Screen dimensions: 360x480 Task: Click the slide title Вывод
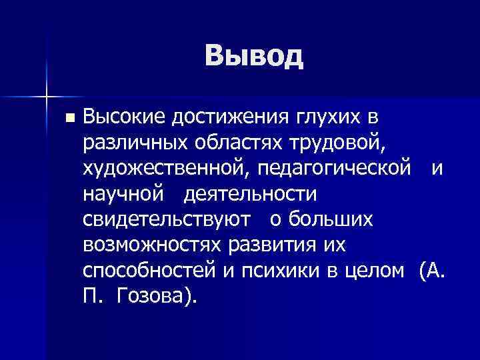(x=254, y=56)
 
